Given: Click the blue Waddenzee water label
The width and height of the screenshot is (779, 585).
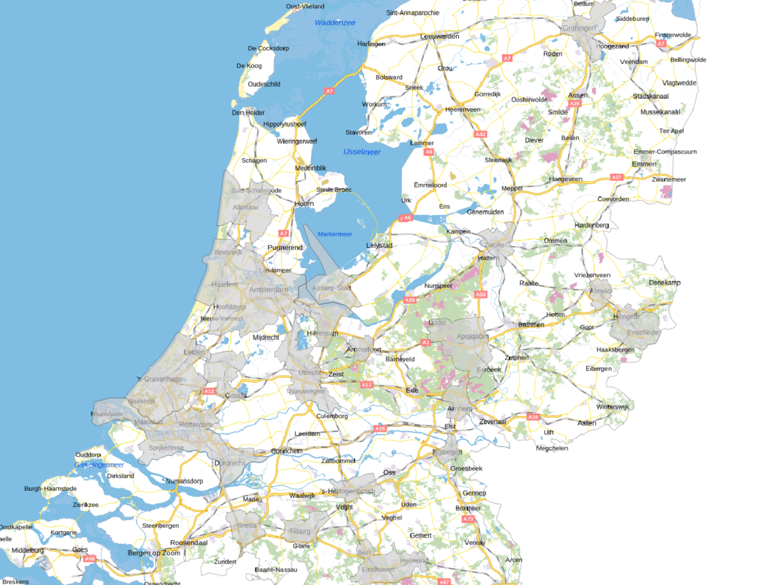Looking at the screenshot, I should [x=335, y=23].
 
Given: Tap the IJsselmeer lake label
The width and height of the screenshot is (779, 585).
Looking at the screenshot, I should [x=362, y=152].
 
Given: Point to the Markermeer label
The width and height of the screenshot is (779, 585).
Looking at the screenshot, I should [x=335, y=234].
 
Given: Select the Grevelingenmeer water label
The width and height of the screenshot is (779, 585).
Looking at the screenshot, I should [x=99, y=465].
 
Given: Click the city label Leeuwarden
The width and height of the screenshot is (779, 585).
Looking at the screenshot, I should [x=439, y=37].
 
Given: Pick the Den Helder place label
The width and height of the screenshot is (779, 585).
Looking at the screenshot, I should [x=248, y=113].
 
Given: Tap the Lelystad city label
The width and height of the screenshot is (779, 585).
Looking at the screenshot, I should [x=379, y=246].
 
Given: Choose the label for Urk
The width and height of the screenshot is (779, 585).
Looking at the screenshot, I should [x=406, y=200].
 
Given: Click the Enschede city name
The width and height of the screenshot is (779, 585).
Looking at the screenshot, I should [x=642, y=333].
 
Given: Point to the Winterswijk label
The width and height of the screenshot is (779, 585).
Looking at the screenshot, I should [x=613, y=407].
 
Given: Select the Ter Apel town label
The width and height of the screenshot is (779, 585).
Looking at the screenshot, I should [x=671, y=131].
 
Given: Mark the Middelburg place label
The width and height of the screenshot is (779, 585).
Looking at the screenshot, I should [x=28, y=550].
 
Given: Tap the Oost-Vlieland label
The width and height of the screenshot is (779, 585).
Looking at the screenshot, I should [x=305, y=7].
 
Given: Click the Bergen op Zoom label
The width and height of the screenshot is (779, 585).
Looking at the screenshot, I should [x=154, y=553].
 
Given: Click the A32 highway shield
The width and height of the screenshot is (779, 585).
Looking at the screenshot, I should [x=480, y=134].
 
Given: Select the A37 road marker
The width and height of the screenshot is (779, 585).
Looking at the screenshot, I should [x=617, y=177].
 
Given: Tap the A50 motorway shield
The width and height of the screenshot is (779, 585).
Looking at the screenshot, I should [x=481, y=294].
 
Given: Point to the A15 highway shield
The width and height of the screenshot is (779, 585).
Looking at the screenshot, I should [x=380, y=429].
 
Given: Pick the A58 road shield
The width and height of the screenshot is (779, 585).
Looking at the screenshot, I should [x=90, y=558].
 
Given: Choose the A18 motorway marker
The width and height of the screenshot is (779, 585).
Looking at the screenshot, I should [x=533, y=417].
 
